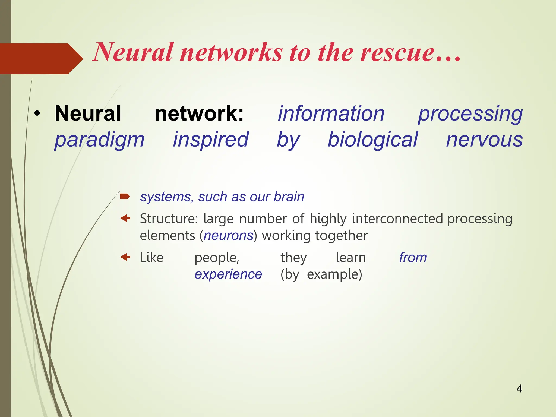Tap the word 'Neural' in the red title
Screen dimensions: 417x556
click(133, 52)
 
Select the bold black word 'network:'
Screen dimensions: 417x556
click(199, 113)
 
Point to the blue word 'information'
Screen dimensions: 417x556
click(331, 113)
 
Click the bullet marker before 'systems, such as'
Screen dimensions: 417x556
click(125, 196)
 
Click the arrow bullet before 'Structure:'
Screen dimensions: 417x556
click(125, 218)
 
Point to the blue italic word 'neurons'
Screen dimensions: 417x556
click(228, 235)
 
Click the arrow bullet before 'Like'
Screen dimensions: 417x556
click(125, 257)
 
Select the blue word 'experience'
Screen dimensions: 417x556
click(228, 274)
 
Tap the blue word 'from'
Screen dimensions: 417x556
click(413, 257)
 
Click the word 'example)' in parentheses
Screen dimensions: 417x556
click(334, 274)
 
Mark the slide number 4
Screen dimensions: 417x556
click(519, 389)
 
